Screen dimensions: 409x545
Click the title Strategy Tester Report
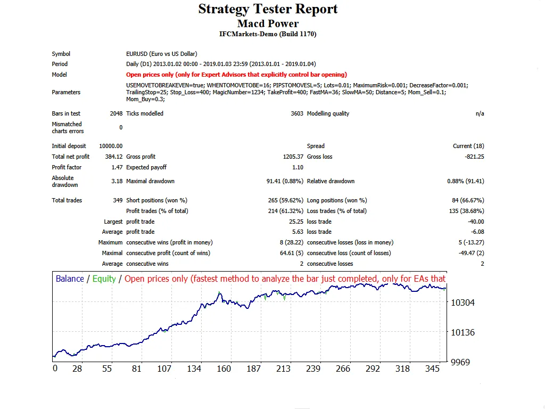268,9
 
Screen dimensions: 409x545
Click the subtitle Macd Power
268,23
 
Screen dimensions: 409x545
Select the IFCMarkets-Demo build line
268,34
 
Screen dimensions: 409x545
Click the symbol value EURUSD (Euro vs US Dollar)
162,54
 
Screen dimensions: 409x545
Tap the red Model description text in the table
236,75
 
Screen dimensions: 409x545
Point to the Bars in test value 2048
115,113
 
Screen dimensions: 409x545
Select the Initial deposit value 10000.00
111,146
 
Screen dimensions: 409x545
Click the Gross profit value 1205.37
293,157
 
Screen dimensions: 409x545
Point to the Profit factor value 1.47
117,167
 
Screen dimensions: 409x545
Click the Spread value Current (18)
468,146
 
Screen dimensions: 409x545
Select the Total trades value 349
117,200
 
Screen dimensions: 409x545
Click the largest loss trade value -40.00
475,222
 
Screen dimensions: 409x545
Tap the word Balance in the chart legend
70,279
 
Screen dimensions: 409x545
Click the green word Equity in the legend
104,279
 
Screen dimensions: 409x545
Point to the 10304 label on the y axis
462,302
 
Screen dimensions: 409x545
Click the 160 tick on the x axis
224,369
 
